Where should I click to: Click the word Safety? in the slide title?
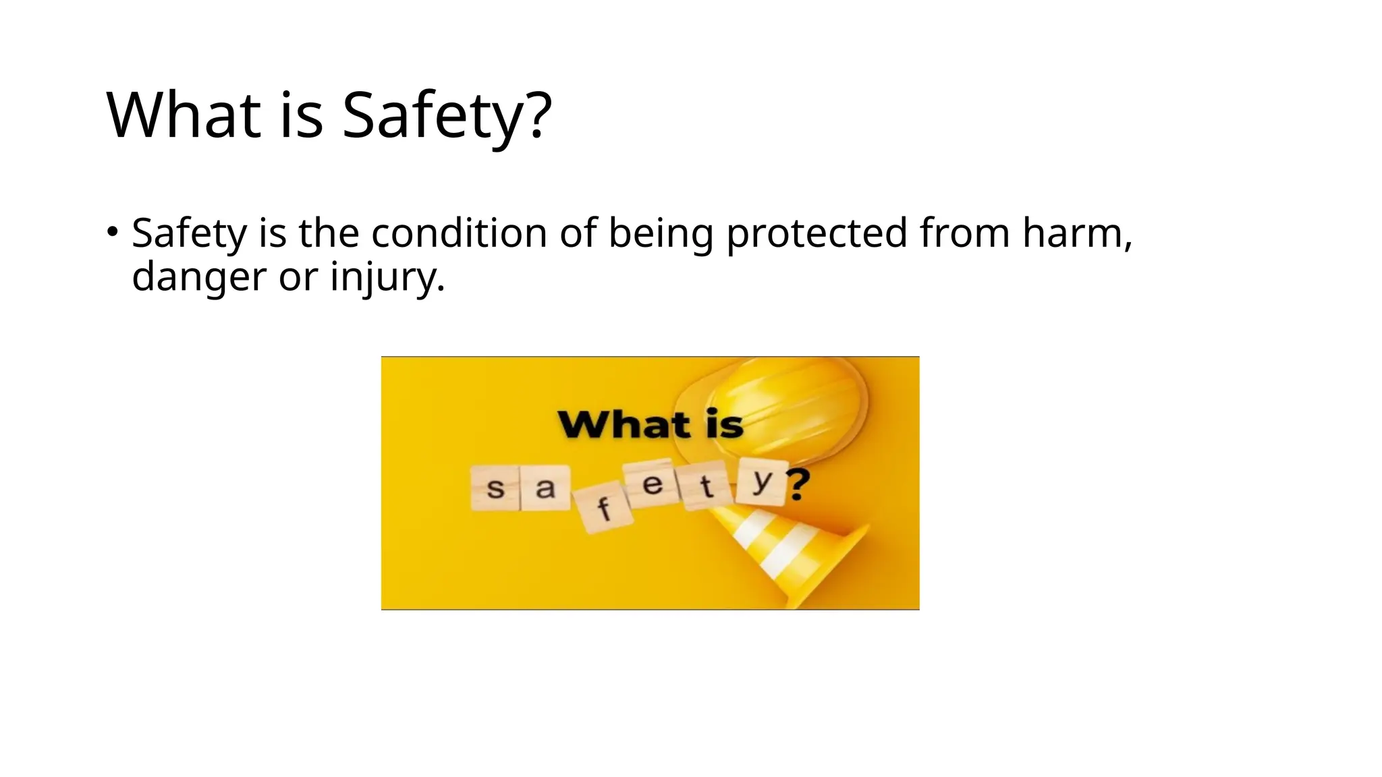click(x=447, y=115)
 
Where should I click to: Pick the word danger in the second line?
click(x=199, y=277)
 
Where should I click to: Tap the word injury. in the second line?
click(x=387, y=277)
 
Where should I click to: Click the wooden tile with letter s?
click(x=495, y=488)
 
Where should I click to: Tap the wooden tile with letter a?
click(x=545, y=487)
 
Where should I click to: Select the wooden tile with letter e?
click(x=651, y=484)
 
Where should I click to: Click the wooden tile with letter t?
click(x=706, y=486)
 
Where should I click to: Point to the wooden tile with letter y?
click(x=761, y=482)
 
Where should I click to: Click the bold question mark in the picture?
click(x=798, y=484)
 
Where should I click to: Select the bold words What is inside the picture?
click(x=650, y=425)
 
